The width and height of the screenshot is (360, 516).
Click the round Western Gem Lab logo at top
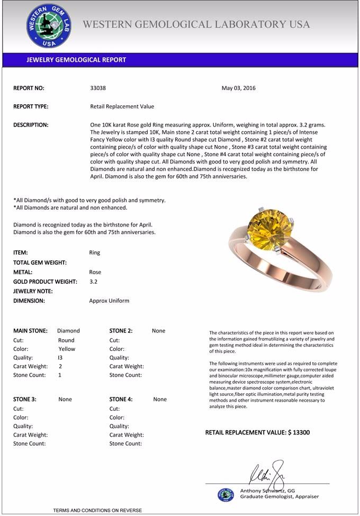pos(49,25)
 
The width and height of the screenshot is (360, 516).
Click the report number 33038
pos(98,88)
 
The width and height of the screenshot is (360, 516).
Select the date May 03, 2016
pos(238,88)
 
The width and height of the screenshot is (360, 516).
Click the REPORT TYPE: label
pos(31,106)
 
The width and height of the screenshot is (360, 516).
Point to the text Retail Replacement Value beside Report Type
pos(122,106)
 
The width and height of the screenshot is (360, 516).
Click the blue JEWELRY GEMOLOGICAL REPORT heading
pos(76,60)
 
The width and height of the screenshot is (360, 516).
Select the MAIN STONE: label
pos(30,331)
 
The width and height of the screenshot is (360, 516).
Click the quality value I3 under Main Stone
pos(60,358)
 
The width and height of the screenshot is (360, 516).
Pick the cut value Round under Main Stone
pos(66,340)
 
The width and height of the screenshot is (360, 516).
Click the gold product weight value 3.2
pos(93,282)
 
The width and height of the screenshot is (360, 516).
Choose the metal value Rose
pos(95,272)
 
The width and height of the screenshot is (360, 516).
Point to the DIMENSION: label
pos(29,301)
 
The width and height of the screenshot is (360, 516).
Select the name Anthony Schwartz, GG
pos(267,491)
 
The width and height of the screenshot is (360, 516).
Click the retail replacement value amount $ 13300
pos(299,433)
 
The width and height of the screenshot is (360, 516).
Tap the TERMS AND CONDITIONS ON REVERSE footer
pos(97,510)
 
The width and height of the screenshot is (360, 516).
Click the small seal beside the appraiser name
pos(226,494)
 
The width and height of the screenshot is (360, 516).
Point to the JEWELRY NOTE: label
pos(33,291)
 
